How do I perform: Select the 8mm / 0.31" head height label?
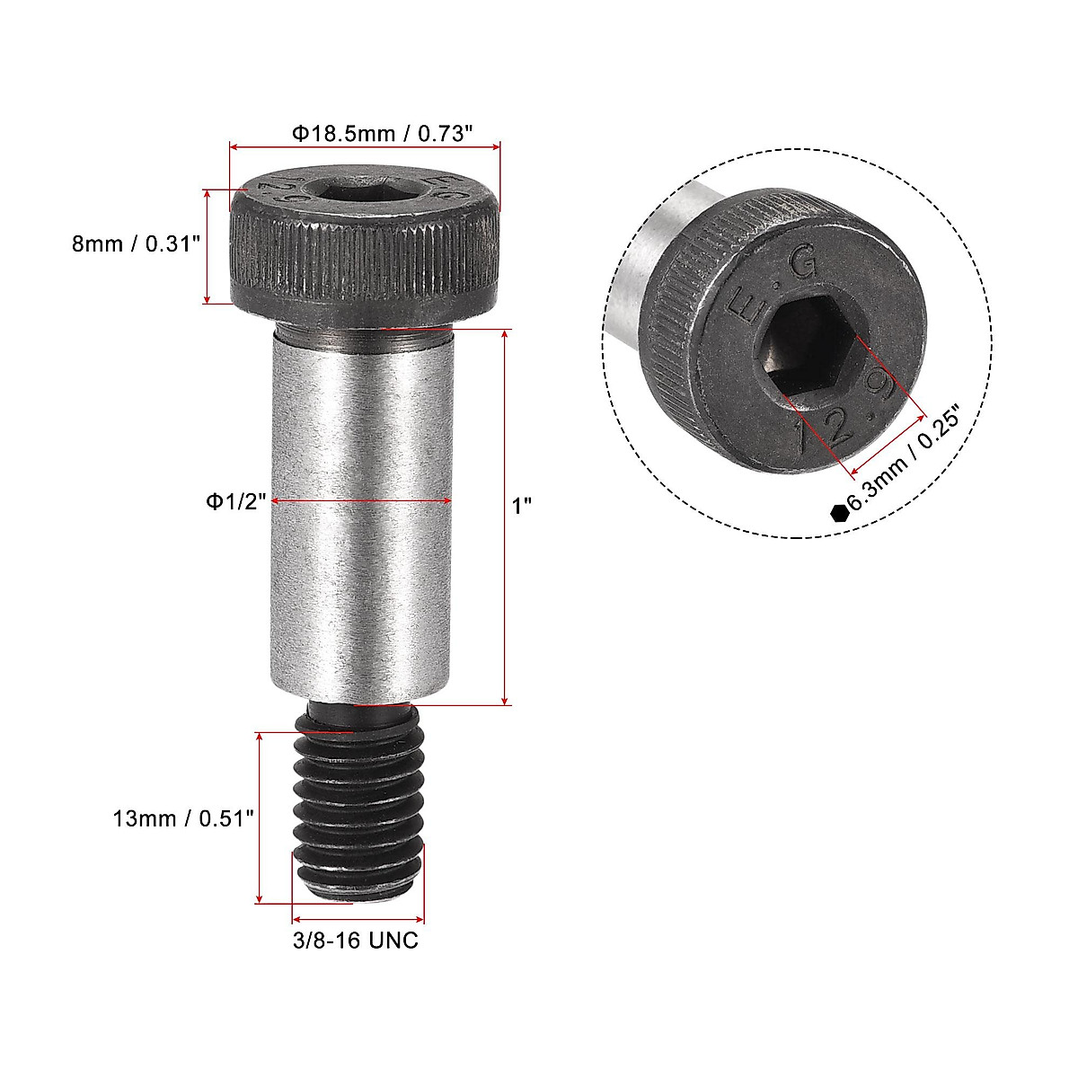pos(136,243)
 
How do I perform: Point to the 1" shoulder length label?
pos(522,506)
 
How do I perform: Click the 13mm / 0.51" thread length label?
pos(184,818)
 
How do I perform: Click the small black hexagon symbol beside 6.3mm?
pos(839,512)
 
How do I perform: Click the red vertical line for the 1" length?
pos(506,517)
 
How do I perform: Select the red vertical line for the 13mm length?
pos(260,817)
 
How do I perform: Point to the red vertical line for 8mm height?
pos(208,246)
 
